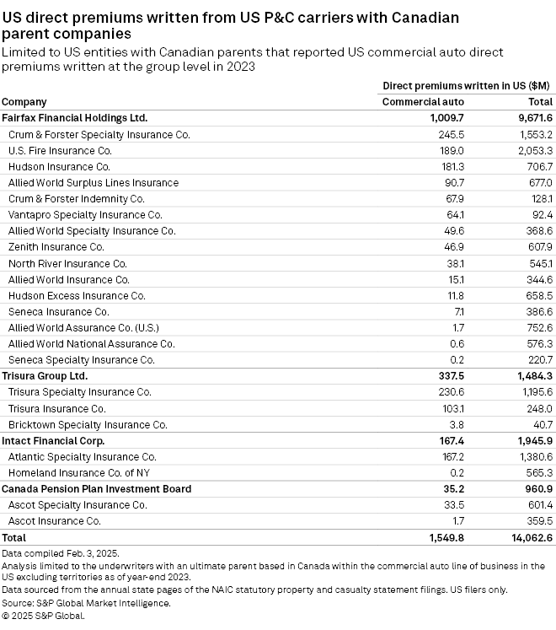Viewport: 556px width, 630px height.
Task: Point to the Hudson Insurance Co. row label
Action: tap(59, 166)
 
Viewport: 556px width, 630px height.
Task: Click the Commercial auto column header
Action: tap(423, 102)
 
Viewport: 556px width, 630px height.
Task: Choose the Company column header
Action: tap(25, 102)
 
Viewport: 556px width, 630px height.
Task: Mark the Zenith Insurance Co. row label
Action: tap(56, 247)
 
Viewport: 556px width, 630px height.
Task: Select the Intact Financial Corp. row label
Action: tap(52, 440)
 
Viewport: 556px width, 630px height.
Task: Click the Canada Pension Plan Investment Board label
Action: tap(97, 488)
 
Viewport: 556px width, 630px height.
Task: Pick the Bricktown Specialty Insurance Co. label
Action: tap(88, 424)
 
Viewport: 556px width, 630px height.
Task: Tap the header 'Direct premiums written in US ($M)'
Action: tap(468, 86)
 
